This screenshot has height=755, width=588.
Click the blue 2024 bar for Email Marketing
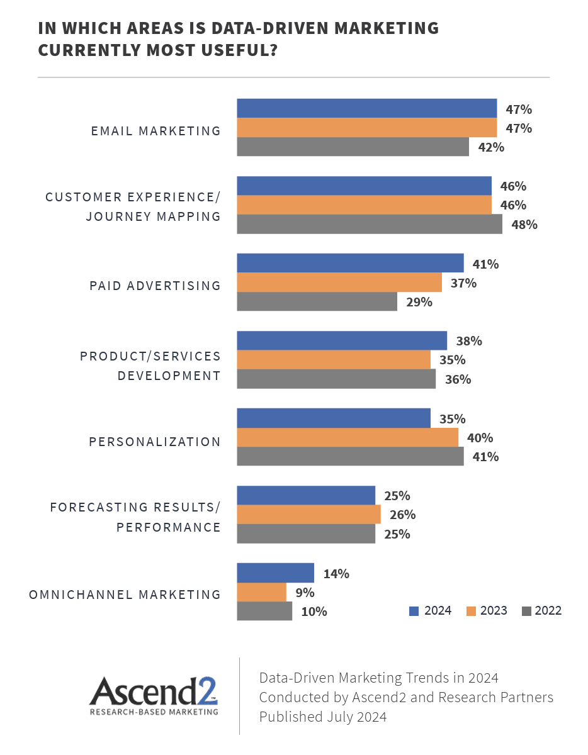(366, 108)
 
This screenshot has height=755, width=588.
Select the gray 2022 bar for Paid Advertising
(317, 301)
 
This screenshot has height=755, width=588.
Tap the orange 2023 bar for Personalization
(348, 437)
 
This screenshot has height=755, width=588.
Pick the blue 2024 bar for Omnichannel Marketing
(275, 573)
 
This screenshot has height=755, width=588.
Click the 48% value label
(524, 224)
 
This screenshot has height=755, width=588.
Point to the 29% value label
(419, 302)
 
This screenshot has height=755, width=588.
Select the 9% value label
(305, 592)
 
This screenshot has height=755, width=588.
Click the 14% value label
(336, 573)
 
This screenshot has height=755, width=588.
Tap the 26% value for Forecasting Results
(402, 515)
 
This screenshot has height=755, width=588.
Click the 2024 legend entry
(431, 610)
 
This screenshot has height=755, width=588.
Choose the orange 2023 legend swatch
(470, 611)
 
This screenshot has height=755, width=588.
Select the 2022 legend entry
(541, 610)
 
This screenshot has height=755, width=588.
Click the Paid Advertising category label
(155, 286)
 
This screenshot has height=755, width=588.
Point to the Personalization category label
(155, 442)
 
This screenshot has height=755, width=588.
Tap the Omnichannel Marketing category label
(125, 595)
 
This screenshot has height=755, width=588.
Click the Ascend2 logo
(154, 695)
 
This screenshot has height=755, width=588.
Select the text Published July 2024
(323, 717)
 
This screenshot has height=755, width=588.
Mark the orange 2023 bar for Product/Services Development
(333, 360)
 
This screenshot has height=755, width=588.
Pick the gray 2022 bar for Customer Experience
(369, 224)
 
